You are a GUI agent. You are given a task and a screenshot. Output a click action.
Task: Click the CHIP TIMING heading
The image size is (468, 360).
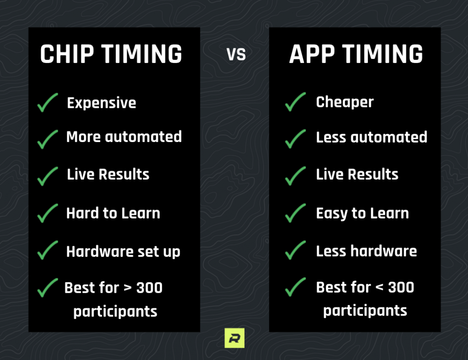(111, 54)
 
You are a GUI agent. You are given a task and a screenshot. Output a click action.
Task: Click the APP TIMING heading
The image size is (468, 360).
(356, 54)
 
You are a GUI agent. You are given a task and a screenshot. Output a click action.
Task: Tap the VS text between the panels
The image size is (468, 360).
(236, 55)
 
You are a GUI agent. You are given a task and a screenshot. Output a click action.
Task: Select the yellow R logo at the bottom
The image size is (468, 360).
(234, 339)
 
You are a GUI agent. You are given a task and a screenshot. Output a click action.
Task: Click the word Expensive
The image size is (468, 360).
(101, 103)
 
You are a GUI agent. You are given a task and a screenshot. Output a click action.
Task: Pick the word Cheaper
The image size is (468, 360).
(345, 102)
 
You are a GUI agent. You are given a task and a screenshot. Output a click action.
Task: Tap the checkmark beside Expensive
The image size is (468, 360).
(48, 102)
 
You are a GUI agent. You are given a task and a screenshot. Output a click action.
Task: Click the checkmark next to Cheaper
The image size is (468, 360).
(295, 101)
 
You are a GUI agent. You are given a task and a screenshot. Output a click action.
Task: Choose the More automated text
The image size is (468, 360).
(124, 137)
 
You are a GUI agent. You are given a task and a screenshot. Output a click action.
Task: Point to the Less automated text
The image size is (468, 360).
(371, 137)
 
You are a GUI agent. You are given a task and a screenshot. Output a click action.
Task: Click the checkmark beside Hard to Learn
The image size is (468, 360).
(48, 213)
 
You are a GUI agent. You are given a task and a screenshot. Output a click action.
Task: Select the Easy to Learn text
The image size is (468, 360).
(362, 213)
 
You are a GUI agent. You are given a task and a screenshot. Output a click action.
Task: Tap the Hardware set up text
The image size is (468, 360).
(123, 251)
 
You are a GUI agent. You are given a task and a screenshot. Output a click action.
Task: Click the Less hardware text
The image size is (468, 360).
(366, 251)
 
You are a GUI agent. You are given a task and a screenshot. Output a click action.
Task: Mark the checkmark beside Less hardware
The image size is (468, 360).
(295, 250)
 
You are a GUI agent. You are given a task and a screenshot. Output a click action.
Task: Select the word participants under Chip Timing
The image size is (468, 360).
(115, 311)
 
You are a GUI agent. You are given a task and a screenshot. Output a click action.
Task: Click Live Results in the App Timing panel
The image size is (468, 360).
(357, 174)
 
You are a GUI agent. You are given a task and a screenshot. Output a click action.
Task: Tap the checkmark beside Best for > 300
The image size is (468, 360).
(48, 288)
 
